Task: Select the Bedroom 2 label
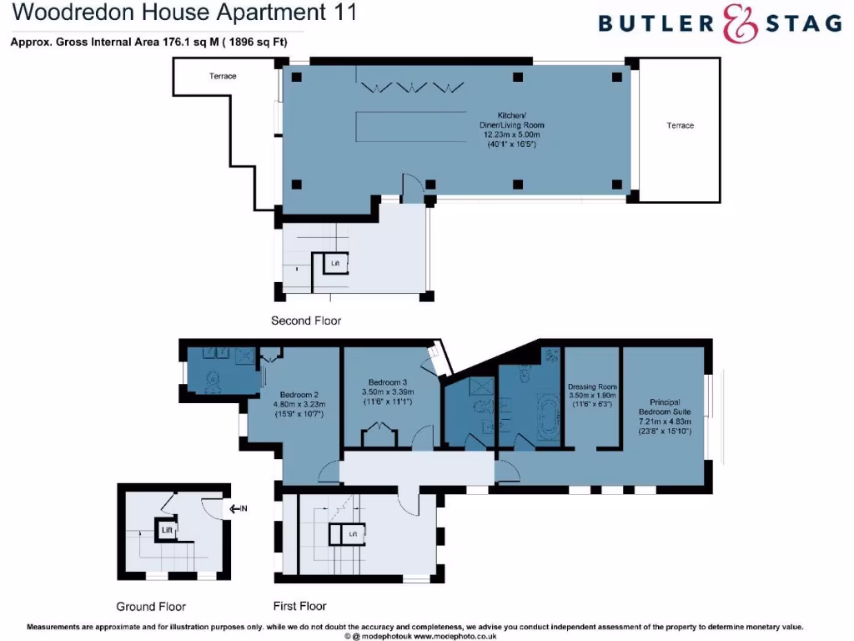pyautogui.click(x=296, y=395)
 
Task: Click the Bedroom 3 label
pyautogui.click(x=388, y=381)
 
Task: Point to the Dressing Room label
pyautogui.click(x=592, y=387)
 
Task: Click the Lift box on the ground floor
pyautogui.click(x=167, y=529)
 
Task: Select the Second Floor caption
pyautogui.click(x=306, y=320)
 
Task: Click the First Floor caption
pyautogui.click(x=300, y=606)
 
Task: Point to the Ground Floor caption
pyautogui.click(x=151, y=607)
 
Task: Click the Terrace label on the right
pyautogui.click(x=680, y=125)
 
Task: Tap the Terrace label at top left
pyautogui.click(x=223, y=76)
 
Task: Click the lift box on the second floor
pyautogui.click(x=335, y=264)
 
